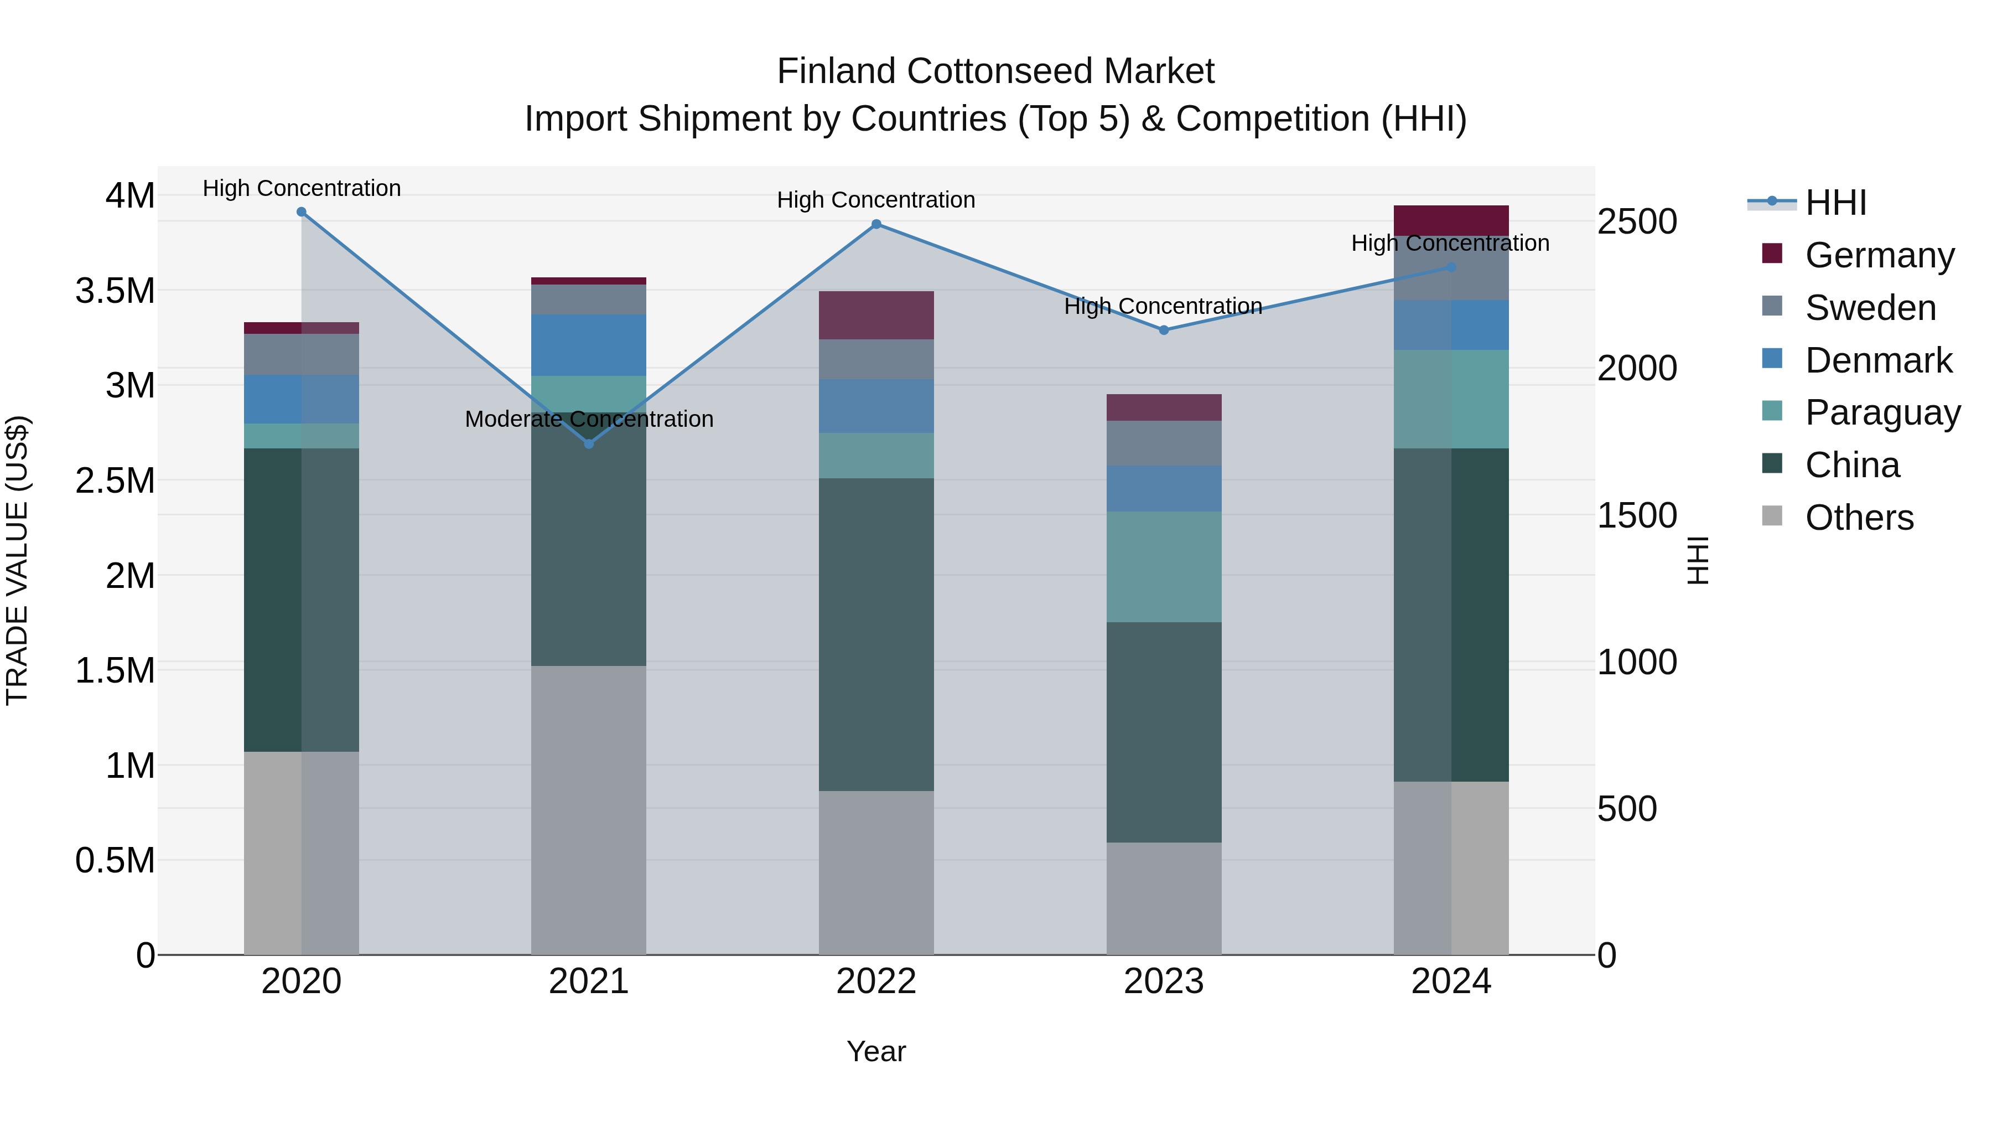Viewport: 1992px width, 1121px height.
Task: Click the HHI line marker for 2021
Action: pyautogui.click(x=589, y=444)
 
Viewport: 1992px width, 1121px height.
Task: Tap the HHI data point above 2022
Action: pyautogui.click(x=876, y=224)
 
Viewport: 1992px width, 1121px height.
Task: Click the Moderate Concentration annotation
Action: pyautogui.click(x=589, y=419)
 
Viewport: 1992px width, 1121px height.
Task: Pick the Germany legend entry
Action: pyautogui.click(x=1879, y=255)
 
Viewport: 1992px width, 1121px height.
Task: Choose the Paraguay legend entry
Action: pyautogui.click(x=1882, y=412)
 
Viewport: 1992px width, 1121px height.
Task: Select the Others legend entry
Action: pyautogui.click(x=1859, y=518)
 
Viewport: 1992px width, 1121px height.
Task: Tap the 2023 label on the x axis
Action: pyautogui.click(x=1164, y=981)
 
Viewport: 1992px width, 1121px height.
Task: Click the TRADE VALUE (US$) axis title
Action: pyautogui.click(x=17, y=560)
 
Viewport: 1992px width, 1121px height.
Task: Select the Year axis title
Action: pyautogui.click(x=876, y=1051)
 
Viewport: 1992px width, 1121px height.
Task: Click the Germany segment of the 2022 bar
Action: pyautogui.click(x=876, y=316)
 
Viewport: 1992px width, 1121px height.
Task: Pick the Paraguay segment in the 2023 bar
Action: pyautogui.click(x=1164, y=566)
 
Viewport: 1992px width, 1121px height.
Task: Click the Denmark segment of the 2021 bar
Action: pyautogui.click(x=589, y=345)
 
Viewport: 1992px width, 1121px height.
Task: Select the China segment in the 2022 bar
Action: pyautogui.click(x=876, y=634)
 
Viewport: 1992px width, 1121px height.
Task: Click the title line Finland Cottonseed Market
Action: pyautogui.click(x=995, y=71)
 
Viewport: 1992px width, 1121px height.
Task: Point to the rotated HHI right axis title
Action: pyautogui.click(x=1698, y=560)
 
